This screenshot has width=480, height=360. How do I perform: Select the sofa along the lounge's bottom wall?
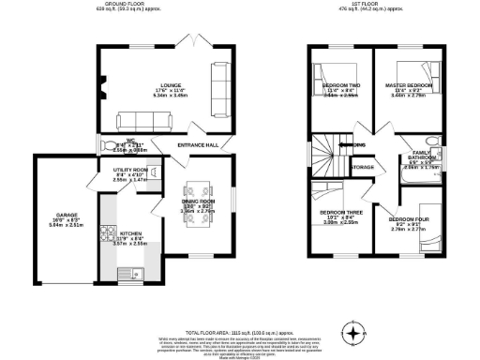point(143,120)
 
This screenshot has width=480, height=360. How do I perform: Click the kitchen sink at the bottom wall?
point(127,274)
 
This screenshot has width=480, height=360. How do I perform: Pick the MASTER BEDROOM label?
point(411,85)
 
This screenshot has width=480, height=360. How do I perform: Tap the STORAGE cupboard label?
point(362,167)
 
